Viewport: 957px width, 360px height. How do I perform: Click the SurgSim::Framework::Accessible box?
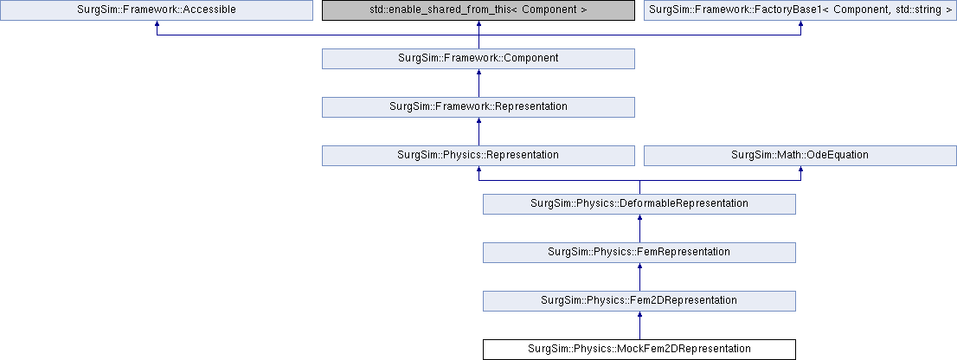pos(157,10)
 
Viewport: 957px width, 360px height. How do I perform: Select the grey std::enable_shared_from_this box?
pos(478,10)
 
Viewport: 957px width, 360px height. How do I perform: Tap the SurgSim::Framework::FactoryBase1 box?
pos(800,10)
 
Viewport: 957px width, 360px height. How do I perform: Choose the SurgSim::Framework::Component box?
pos(478,59)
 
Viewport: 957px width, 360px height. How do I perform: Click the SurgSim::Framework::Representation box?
pos(478,106)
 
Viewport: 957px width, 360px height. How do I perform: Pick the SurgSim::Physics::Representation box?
pos(478,155)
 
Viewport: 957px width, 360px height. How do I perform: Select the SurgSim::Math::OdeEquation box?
pos(800,155)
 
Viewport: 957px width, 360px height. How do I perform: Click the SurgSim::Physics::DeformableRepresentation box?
pos(639,203)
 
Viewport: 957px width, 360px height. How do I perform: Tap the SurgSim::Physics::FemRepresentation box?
pos(639,252)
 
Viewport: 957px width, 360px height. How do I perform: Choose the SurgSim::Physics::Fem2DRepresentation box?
pos(639,300)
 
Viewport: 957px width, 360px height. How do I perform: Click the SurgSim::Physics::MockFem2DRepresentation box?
pos(639,349)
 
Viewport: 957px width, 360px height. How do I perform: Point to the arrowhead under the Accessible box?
pos(157,24)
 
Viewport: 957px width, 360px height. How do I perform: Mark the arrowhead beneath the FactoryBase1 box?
pos(800,24)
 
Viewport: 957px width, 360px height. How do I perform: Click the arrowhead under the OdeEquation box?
pos(800,169)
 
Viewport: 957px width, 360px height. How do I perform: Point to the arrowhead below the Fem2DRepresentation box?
pos(639,314)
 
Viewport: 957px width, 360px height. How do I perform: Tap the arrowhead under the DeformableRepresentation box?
pos(639,218)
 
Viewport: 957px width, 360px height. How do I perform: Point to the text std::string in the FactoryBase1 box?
pos(919,10)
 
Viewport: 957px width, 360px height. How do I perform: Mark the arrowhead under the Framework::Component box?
pos(479,73)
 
